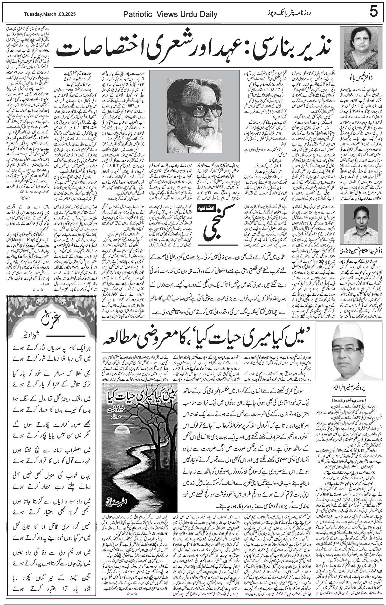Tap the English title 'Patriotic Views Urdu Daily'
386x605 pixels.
(170, 14)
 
